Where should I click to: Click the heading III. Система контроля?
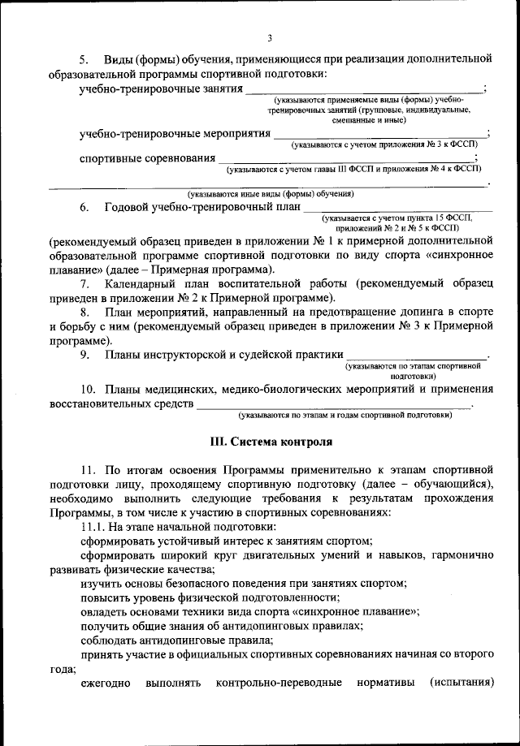click(271, 442)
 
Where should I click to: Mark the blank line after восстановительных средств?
click(333, 405)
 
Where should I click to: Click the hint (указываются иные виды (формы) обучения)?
click(271, 194)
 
